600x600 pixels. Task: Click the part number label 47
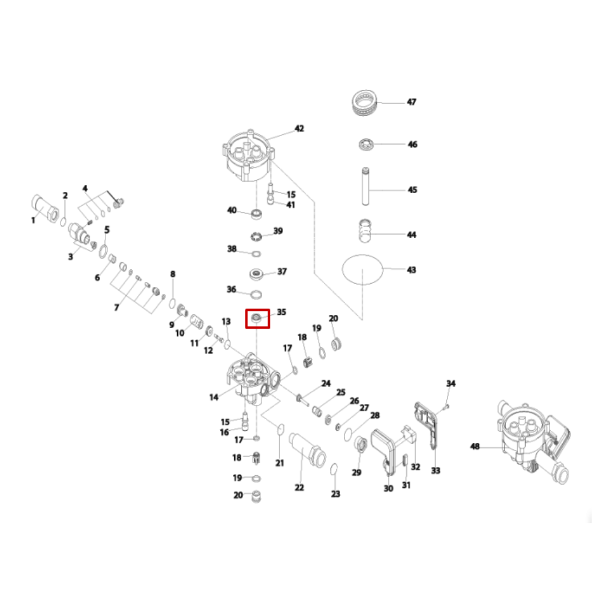(x=412, y=102)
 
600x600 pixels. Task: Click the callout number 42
(x=299, y=128)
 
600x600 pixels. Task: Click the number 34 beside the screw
(x=451, y=383)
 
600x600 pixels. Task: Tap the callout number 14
(x=214, y=397)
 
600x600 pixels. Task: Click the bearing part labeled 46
(x=366, y=145)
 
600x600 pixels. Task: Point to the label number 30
(x=388, y=488)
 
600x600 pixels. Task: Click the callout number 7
(x=116, y=307)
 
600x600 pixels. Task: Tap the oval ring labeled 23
(x=335, y=469)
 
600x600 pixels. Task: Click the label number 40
(x=232, y=210)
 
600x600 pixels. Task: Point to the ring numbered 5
(x=103, y=249)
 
